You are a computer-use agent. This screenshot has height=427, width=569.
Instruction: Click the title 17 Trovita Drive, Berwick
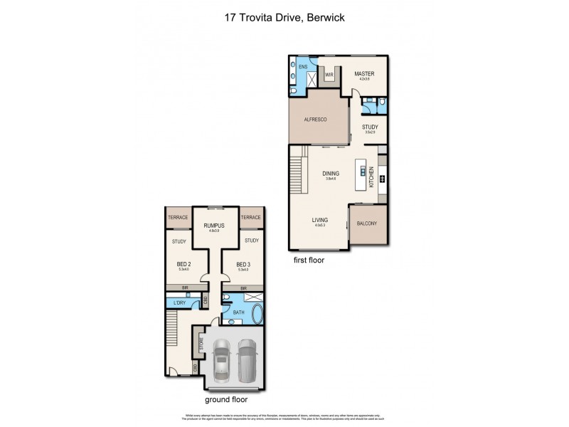point(284,18)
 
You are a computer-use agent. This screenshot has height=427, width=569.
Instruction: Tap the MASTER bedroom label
point(365,73)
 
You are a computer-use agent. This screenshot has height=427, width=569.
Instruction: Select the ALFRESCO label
point(315,120)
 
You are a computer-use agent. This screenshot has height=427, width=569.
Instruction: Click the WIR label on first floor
point(329,74)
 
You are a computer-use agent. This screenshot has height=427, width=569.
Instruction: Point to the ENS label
point(303,67)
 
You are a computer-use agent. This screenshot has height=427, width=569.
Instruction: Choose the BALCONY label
point(367,223)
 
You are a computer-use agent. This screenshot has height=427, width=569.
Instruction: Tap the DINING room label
point(330,174)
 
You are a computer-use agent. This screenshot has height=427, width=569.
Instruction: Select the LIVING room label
point(320,221)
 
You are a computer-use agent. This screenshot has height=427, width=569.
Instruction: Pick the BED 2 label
point(184,264)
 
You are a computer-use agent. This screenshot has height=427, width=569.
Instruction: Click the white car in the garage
point(223,360)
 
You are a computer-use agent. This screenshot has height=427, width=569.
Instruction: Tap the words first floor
point(309,260)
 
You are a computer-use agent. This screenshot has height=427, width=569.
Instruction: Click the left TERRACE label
point(177,218)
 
